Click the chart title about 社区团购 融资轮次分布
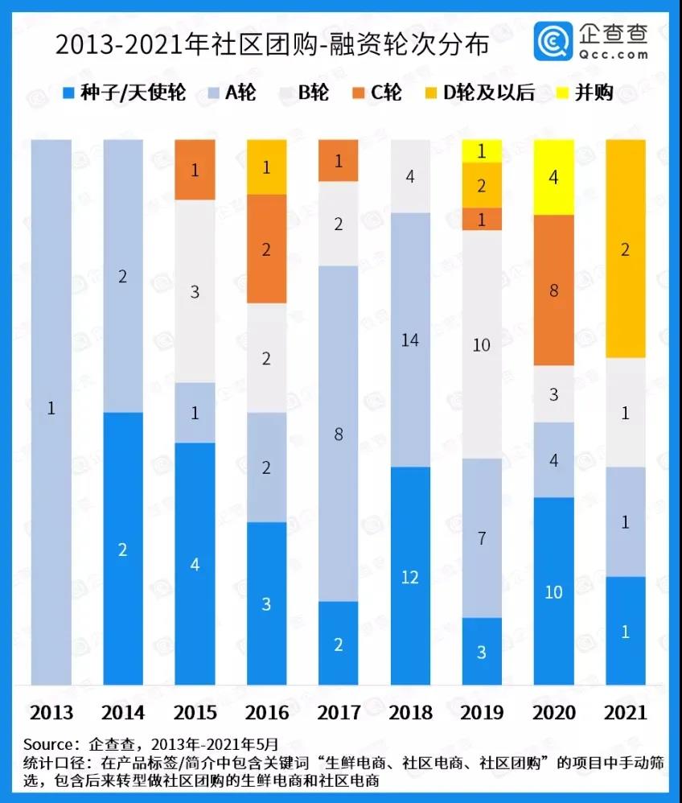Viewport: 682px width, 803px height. point(271,45)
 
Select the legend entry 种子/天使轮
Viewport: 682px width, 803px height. point(124,93)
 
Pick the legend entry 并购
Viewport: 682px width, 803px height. point(585,93)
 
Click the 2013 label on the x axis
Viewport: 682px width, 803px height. point(51,712)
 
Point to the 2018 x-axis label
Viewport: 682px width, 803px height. point(411,712)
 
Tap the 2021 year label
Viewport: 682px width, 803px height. point(625,712)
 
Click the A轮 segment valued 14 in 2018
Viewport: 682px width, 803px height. point(410,340)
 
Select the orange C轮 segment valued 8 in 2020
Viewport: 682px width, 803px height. point(554,290)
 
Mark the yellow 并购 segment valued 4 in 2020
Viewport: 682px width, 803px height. point(554,177)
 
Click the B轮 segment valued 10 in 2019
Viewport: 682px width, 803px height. point(482,344)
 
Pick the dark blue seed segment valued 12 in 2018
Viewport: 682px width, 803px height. point(410,575)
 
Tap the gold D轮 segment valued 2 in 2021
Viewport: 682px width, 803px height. point(626,249)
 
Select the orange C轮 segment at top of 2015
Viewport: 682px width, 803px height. point(195,170)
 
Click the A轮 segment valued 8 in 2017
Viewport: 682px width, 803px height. point(339,434)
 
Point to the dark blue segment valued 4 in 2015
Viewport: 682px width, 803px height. point(195,563)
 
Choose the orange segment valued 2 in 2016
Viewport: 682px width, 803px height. point(267,249)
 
